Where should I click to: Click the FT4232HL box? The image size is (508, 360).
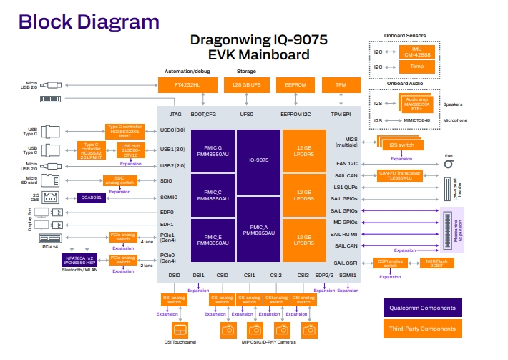coord(187,84)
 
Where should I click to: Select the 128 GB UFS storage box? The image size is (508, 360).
coord(247,84)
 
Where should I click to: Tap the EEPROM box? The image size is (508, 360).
coord(295,84)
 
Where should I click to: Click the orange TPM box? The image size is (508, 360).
coord(341,84)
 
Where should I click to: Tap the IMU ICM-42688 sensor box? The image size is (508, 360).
coord(416,52)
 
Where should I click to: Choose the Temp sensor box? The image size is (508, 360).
coord(416,67)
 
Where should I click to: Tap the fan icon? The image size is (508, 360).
coord(449,164)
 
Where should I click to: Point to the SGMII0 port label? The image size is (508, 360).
coord(169,196)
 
